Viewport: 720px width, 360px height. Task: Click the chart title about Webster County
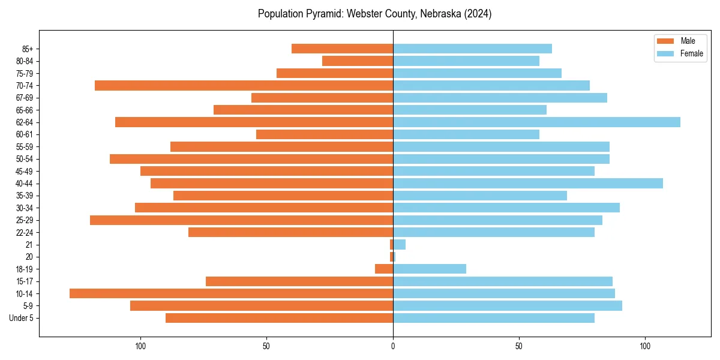click(374, 14)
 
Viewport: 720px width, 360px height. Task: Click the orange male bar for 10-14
click(231, 293)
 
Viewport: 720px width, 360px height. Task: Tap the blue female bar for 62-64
click(536, 122)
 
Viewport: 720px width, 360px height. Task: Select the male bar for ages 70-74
click(244, 86)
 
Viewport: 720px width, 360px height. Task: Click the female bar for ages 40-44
click(528, 184)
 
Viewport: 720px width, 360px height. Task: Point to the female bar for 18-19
click(430, 269)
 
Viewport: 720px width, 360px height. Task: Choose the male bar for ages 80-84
click(358, 61)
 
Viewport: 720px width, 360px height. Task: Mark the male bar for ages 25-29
click(241, 220)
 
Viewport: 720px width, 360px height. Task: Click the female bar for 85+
click(472, 49)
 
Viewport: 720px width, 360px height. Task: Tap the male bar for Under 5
click(279, 318)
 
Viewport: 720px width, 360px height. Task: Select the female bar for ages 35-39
click(480, 196)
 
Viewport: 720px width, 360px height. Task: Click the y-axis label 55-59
click(25, 147)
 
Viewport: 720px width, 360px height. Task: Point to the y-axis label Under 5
click(22, 318)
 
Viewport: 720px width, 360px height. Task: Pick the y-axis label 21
click(29, 245)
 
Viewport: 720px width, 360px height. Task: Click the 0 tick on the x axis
click(393, 346)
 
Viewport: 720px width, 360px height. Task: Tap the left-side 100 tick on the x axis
click(140, 346)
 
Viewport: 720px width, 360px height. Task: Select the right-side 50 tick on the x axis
click(519, 346)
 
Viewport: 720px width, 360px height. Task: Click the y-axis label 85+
click(28, 49)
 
